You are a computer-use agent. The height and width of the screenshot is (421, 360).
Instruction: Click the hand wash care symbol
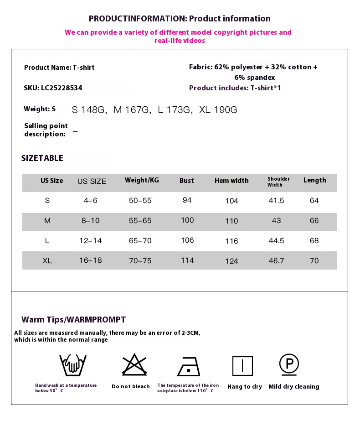tap(73, 365)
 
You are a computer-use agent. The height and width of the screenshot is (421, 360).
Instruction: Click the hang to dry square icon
tap(242, 366)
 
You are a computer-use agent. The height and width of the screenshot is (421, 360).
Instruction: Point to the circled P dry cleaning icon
tap(289, 364)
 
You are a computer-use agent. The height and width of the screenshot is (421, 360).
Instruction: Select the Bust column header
tap(186, 181)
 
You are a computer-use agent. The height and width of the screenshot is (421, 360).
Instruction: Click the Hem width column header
tap(231, 181)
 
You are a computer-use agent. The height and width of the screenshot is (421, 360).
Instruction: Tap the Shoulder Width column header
tap(278, 182)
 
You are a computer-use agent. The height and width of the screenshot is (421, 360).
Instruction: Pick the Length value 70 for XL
tap(314, 261)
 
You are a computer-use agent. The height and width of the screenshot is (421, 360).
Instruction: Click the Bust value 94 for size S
tap(187, 200)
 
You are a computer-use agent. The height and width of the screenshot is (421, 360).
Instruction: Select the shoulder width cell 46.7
tap(277, 261)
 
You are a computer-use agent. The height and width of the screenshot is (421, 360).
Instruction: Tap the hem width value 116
tap(231, 241)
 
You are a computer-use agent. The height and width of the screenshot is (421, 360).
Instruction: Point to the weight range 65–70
tap(140, 241)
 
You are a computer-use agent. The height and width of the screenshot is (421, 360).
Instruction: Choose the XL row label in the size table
tap(47, 261)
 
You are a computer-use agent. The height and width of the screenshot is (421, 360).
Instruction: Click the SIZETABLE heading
tap(42, 158)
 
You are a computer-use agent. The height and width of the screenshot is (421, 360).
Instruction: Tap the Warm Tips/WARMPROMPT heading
tap(74, 320)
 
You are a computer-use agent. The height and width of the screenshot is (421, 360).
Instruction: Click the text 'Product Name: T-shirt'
tap(59, 68)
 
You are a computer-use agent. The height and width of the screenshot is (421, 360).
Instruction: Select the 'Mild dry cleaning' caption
tap(294, 387)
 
